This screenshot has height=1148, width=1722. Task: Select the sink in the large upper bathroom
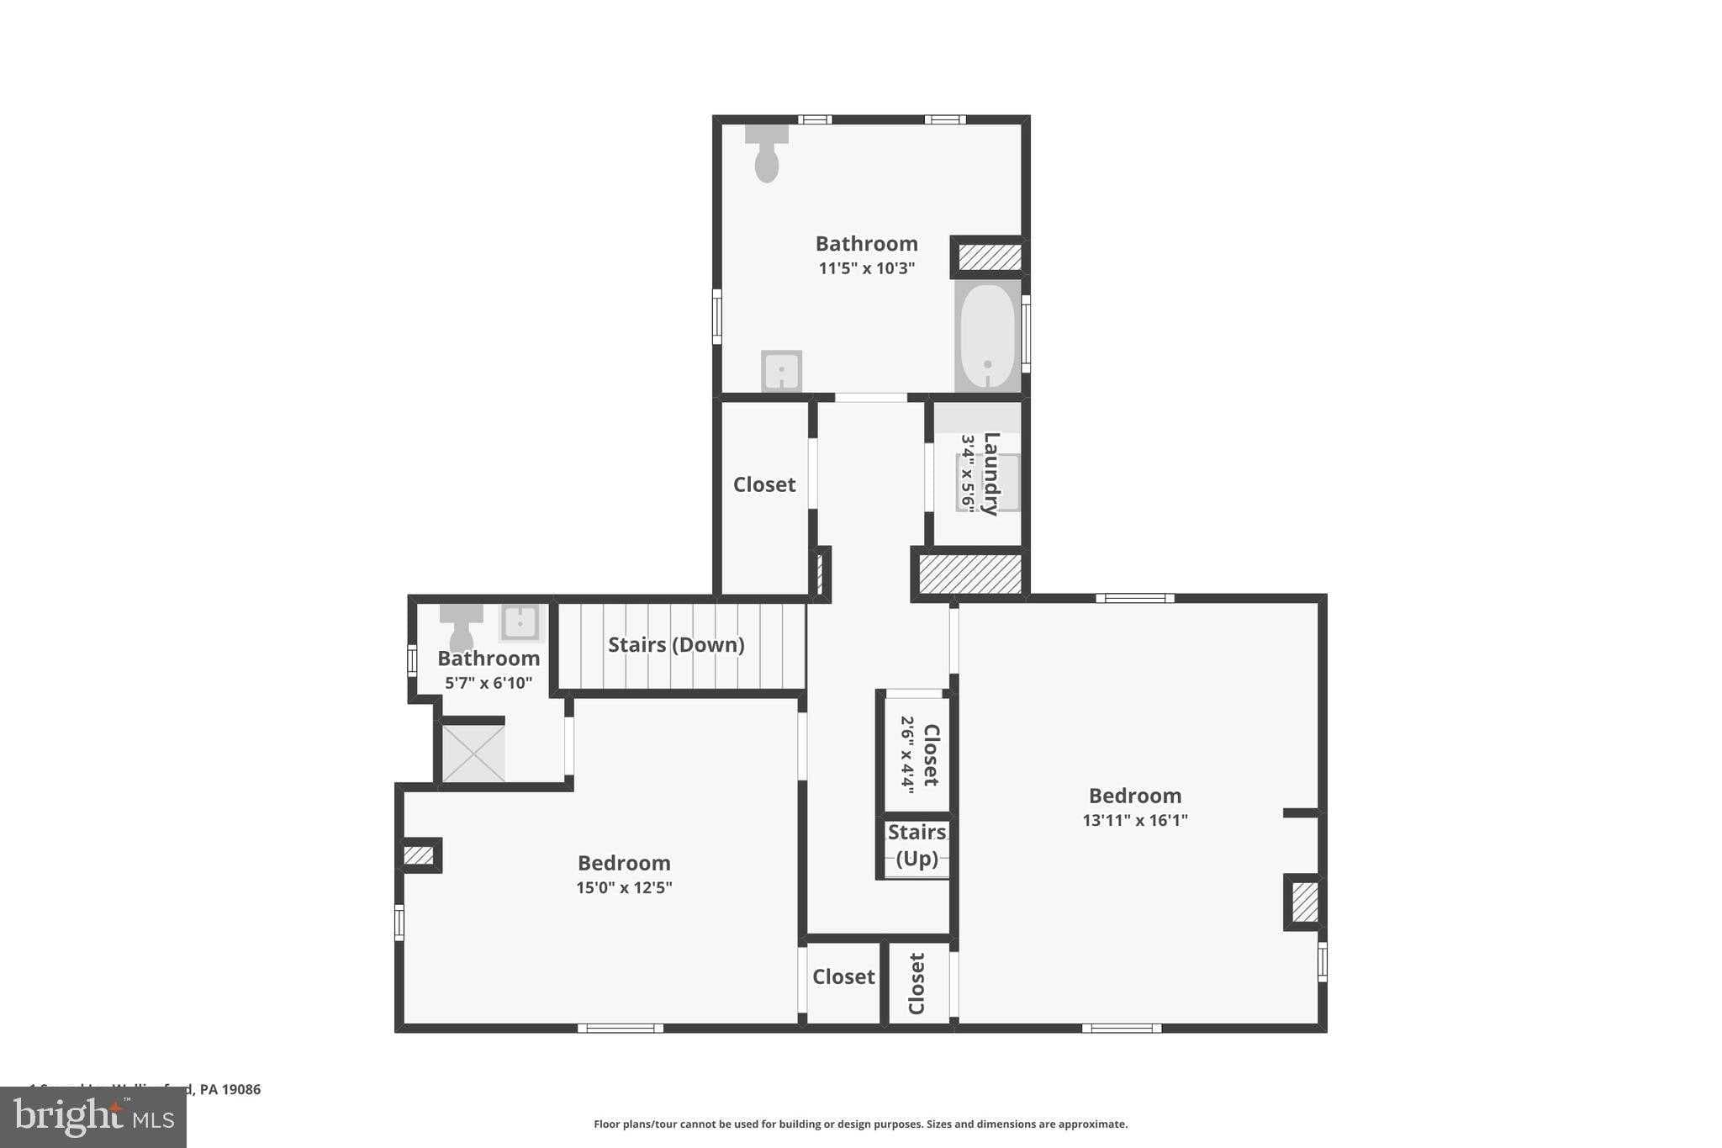click(781, 371)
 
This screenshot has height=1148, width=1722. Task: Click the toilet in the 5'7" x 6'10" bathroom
click(461, 626)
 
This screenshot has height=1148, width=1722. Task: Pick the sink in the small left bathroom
click(520, 623)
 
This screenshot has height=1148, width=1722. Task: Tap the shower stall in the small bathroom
click(473, 754)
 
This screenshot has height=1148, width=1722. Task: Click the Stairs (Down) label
click(676, 645)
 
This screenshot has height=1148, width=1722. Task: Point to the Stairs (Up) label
click(916, 845)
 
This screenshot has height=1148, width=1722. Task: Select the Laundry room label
click(990, 473)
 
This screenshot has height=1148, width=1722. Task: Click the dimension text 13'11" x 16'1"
click(1134, 820)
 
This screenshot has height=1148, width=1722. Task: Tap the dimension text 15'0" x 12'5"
click(624, 887)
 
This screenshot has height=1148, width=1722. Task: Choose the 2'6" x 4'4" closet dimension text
click(907, 754)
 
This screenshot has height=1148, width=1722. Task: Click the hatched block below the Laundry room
click(969, 574)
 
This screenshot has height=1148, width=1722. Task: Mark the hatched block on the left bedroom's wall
click(418, 856)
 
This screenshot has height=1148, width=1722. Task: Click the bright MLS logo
click(93, 1117)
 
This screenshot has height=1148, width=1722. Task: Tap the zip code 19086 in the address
click(242, 1089)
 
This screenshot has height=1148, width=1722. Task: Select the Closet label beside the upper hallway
click(763, 484)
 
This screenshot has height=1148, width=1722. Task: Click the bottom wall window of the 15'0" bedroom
click(620, 1028)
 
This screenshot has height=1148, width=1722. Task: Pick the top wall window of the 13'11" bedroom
click(1134, 598)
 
